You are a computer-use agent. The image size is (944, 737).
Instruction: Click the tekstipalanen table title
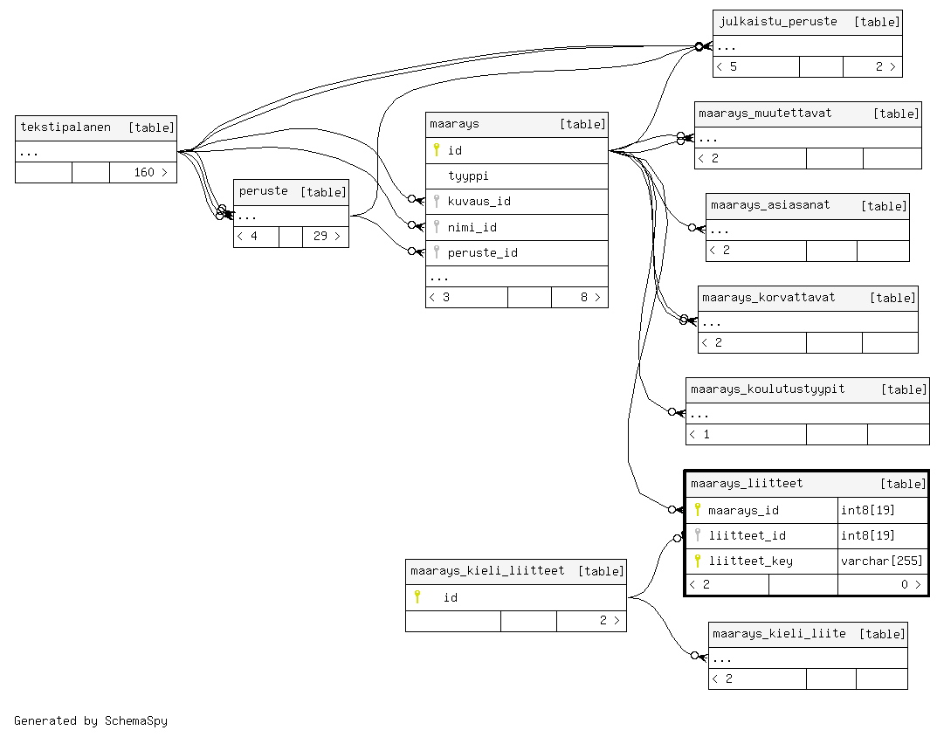[x=65, y=127]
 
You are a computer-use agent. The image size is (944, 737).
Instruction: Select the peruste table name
[x=263, y=191]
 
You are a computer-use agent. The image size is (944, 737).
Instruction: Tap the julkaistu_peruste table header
[x=778, y=22]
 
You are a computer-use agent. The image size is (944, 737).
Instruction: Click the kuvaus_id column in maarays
[x=479, y=201]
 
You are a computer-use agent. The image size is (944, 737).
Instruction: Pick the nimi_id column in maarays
[x=472, y=227]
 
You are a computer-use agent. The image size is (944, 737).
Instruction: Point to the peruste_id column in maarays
[x=482, y=253]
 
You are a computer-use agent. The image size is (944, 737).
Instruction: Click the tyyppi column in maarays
[x=468, y=176]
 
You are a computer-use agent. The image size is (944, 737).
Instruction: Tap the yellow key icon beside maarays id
[x=437, y=149]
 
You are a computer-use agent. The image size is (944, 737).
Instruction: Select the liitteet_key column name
[x=750, y=561]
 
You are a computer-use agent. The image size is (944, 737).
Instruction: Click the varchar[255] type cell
[x=881, y=561]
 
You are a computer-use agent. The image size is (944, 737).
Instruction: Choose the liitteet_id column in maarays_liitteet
[x=747, y=535]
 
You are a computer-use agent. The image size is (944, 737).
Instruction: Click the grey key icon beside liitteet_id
[x=697, y=534]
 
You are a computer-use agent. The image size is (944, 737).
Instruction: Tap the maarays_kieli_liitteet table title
[x=487, y=570]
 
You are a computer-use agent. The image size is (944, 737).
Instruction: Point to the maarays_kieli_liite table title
[x=779, y=633]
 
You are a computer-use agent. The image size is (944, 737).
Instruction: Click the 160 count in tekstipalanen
[x=144, y=172]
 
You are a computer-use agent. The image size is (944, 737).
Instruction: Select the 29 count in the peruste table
[x=320, y=236]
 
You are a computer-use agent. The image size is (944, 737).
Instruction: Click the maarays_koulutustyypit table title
[x=768, y=389]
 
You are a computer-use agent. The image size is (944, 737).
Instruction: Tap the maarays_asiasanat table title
[x=770, y=204]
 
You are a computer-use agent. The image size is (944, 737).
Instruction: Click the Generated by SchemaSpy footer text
[x=90, y=720]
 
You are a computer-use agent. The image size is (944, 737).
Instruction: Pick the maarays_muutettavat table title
[x=765, y=114]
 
